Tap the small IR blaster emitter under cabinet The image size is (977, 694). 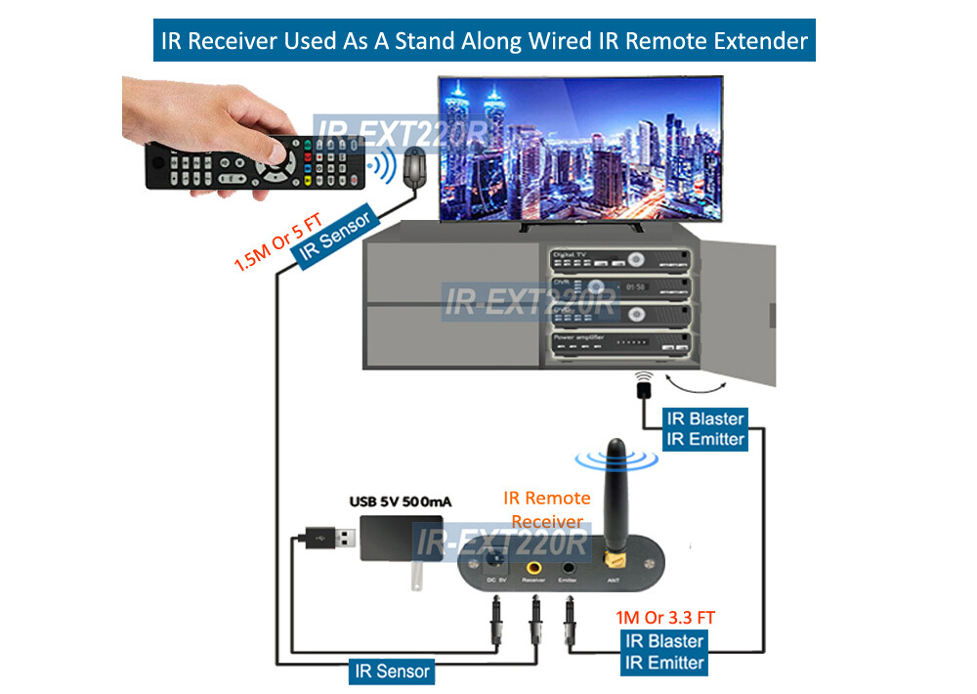point(643,389)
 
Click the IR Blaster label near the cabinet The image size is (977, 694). point(704,418)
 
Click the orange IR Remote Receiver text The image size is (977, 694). point(545,510)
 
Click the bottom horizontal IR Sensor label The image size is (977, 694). point(391,672)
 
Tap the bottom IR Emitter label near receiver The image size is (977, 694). point(664,663)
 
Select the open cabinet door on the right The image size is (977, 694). point(742,313)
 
